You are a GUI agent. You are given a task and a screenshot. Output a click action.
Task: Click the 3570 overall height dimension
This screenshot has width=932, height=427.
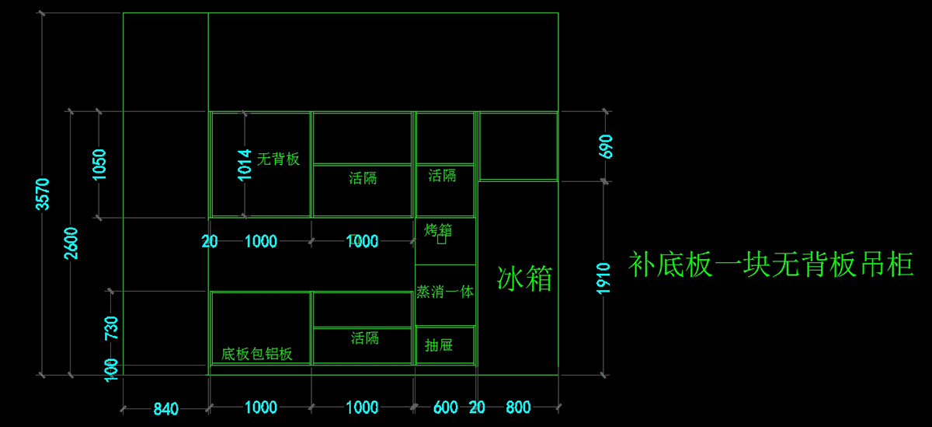pyautogui.click(x=43, y=194)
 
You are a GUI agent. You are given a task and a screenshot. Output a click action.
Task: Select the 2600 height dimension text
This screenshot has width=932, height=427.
pyautogui.click(x=71, y=243)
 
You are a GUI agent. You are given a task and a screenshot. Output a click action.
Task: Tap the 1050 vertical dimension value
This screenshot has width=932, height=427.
pyautogui.click(x=99, y=164)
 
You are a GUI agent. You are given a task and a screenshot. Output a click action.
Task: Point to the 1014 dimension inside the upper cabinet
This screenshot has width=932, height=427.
pyautogui.click(x=245, y=164)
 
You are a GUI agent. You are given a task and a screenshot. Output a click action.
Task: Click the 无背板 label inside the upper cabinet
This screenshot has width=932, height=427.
pyautogui.click(x=278, y=159)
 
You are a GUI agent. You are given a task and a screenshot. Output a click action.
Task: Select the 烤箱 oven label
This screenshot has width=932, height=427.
pyautogui.click(x=439, y=231)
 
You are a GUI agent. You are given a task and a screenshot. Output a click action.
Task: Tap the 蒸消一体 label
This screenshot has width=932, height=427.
pyautogui.click(x=445, y=292)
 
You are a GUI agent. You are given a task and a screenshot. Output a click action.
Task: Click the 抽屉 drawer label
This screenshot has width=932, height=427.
pyautogui.click(x=439, y=345)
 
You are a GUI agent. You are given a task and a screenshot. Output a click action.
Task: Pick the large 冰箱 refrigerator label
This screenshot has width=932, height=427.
pyautogui.click(x=525, y=278)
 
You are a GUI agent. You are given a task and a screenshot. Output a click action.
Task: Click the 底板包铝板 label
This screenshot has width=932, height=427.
pyautogui.click(x=257, y=354)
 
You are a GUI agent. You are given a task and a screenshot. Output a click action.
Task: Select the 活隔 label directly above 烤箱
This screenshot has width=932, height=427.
pyautogui.click(x=442, y=176)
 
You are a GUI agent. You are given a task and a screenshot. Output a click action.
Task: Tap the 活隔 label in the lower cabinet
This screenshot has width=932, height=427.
pyautogui.click(x=364, y=338)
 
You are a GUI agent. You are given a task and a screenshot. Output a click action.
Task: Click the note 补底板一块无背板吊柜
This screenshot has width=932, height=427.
pyautogui.click(x=770, y=265)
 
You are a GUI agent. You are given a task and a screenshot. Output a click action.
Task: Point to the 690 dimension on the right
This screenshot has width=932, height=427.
pyautogui.click(x=607, y=146)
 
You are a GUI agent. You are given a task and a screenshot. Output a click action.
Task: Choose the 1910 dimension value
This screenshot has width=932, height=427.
pyautogui.click(x=605, y=278)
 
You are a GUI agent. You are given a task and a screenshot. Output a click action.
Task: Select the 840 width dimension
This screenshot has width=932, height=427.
pyautogui.click(x=165, y=408)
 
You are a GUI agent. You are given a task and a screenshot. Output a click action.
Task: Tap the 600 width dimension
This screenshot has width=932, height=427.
pyautogui.click(x=445, y=407)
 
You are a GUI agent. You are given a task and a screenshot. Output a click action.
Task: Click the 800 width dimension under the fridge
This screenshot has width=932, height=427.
pyautogui.click(x=518, y=407)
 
